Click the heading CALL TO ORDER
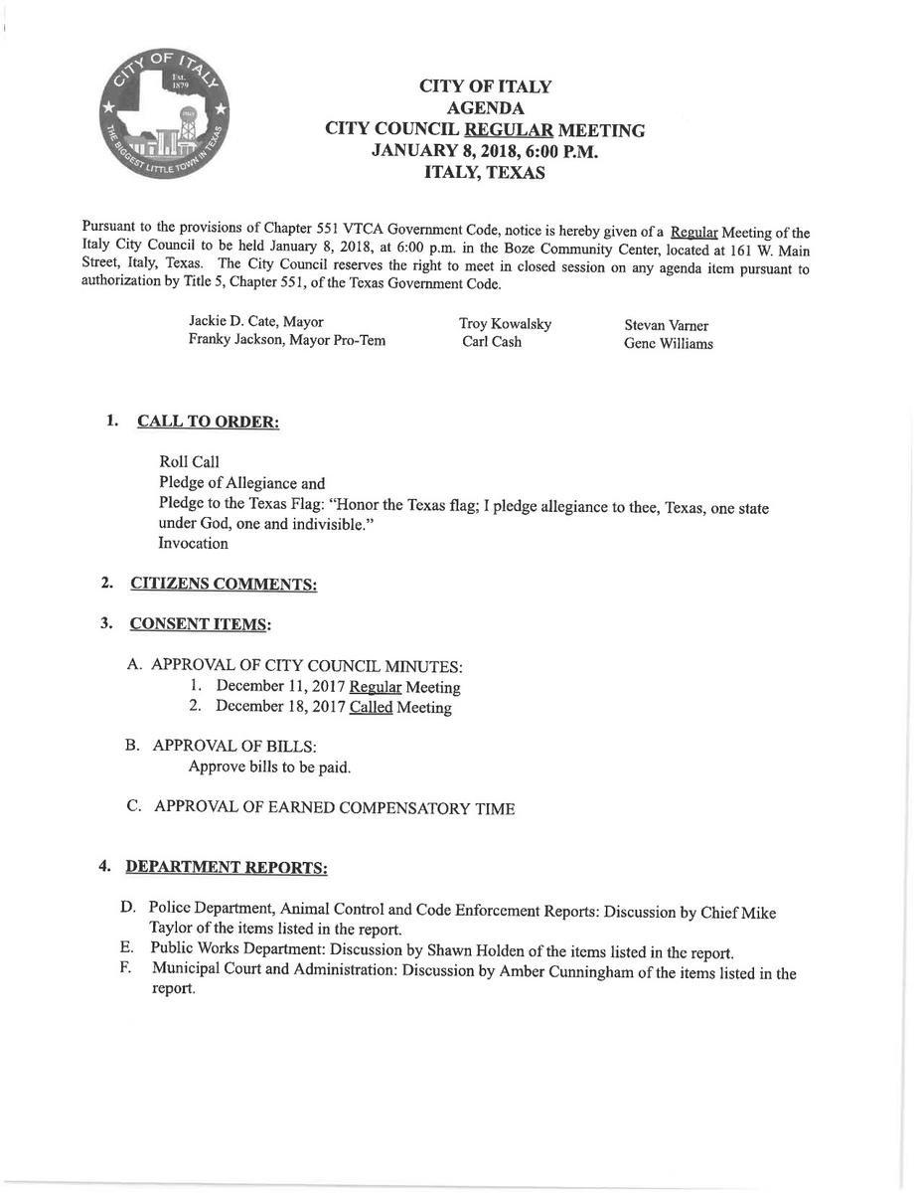tap(208, 422)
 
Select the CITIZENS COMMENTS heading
tap(224, 585)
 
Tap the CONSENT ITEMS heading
tap(200, 624)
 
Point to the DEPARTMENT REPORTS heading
tap(227, 867)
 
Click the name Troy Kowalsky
tap(505, 324)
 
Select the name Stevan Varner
tap(666, 325)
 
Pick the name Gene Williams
tap(668, 344)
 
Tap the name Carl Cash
tap(492, 342)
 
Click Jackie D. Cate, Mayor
tap(256, 322)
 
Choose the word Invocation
tap(194, 544)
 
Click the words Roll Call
tap(189, 462)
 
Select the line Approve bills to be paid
tap(269, 767)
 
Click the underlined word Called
tap(371, 708)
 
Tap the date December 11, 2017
tap(280, 687)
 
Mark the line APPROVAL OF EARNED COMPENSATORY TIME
tap(334, 807)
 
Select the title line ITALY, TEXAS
tap(484, 172)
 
